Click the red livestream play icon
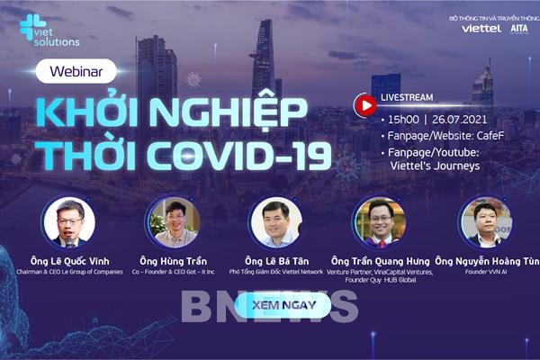(365, 104)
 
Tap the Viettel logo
(481, 29)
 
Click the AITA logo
(519, 29)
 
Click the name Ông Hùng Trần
(172, 259)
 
